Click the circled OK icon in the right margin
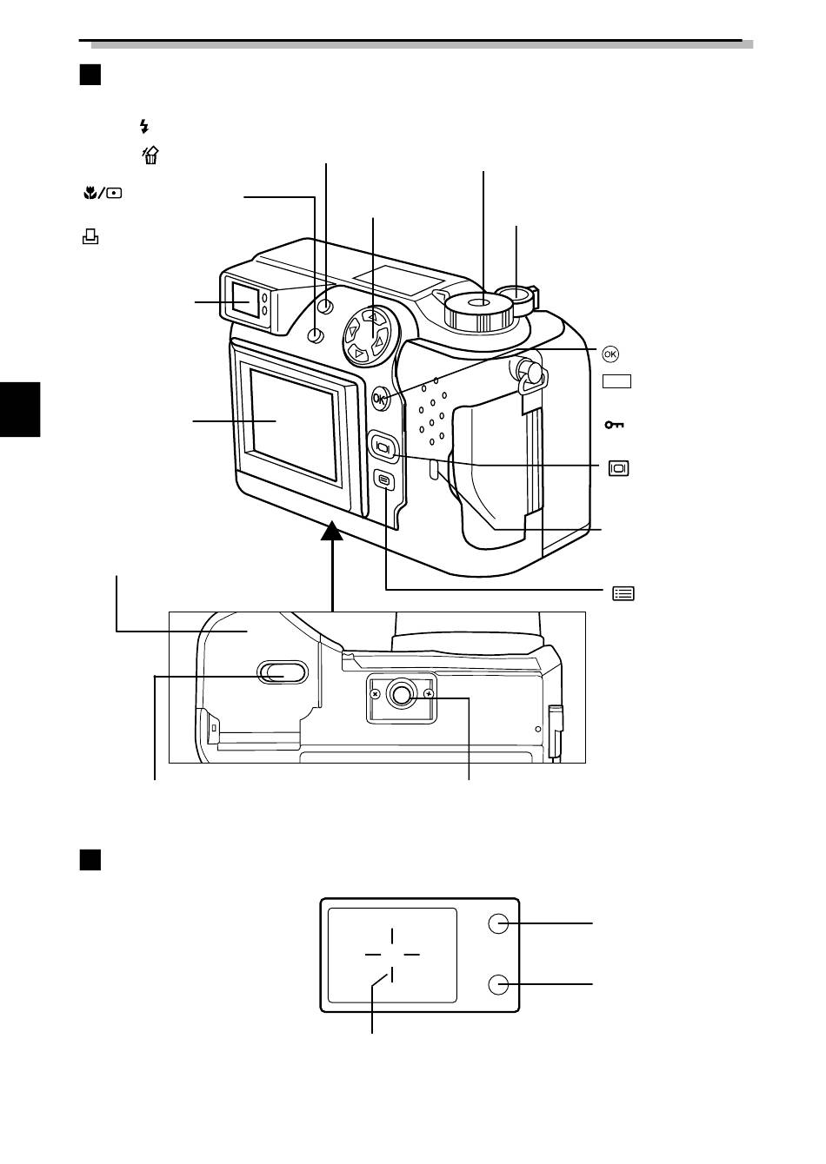tap(610, 354)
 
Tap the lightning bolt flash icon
tap(144, 126)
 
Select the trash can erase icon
tap(150, 155)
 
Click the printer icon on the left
tap(90, 237)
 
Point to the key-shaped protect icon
tap(614, 425)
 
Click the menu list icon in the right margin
tap(623, 593)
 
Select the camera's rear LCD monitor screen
tap(294, 424)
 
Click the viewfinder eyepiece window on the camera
tap(245, 300)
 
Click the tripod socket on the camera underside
tap(401, 694)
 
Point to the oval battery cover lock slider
tap(283, 672)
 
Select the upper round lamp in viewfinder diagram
tap(498, 923)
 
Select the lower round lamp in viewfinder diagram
tap(498, 984)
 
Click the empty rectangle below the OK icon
tap(617, 381)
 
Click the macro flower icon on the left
tap(90, 194)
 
